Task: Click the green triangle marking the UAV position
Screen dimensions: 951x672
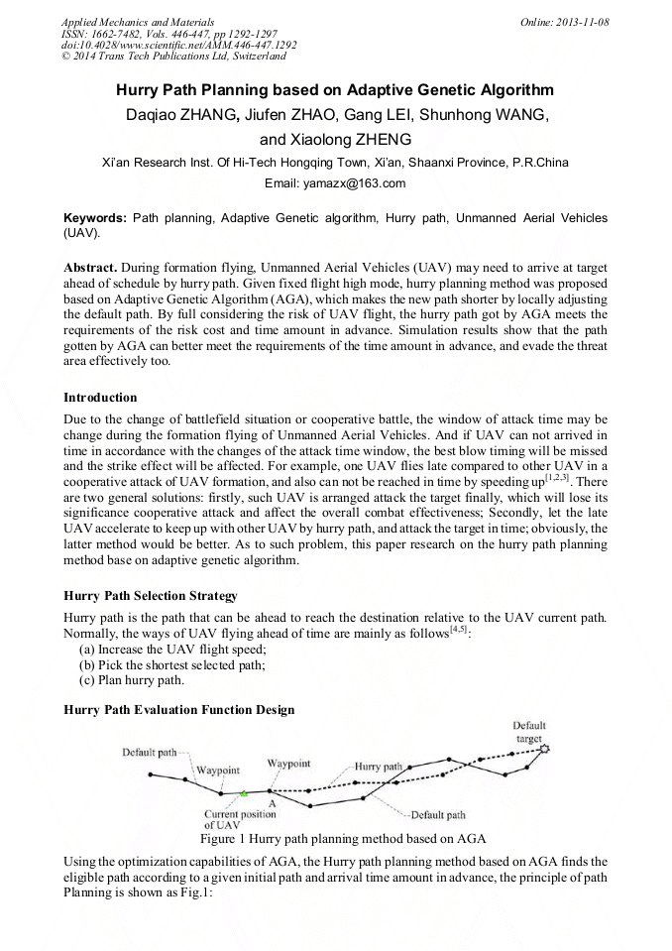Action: [x=243, y=793]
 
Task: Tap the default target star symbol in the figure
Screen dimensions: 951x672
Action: [x=543, y=750]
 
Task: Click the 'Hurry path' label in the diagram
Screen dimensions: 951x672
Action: [x=379, y=767]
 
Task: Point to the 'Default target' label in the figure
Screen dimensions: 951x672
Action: [x=529, y=732]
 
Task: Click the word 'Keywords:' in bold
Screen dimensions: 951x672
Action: [x=95, y=217]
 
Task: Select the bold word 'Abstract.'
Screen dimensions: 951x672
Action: [x=90, y=269]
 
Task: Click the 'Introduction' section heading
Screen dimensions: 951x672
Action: [x=100, y=398]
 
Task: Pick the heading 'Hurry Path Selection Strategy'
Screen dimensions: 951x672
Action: [x=150, y=596]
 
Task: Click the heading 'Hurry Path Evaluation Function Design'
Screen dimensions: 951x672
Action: [x=178, y=709]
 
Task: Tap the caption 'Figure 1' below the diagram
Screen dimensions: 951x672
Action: [x=224, y=838]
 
